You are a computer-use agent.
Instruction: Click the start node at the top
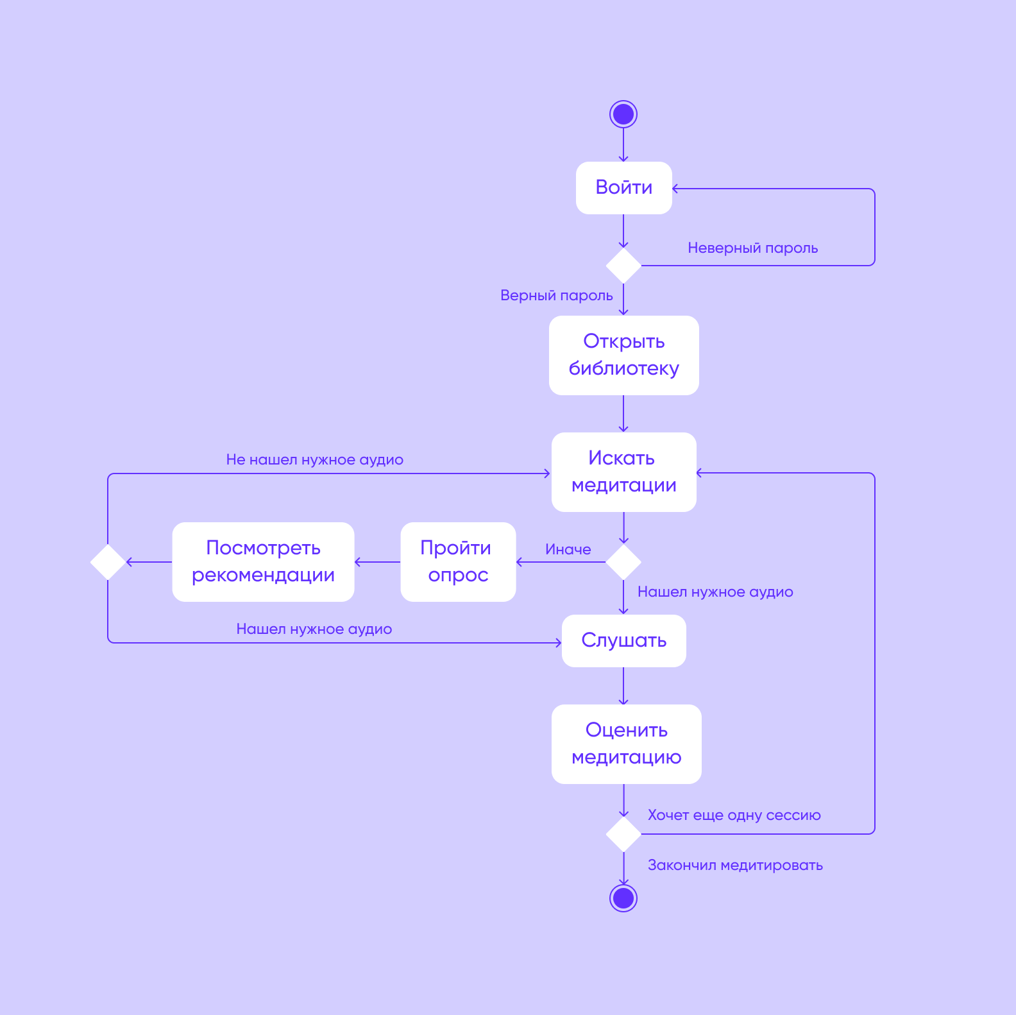coord(623,114)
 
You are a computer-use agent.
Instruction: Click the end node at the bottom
coord(623,898)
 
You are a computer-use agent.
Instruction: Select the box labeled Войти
coord(623,187)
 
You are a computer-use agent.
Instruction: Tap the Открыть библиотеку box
coord(623,355)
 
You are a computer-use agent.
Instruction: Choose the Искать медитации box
coord(623,472)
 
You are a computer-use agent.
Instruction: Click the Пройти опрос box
coord(458,561)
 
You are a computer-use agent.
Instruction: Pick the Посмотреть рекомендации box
coord(263,561)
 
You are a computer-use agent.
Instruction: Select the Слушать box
coord(623,640)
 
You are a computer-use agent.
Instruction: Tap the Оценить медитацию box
coord(626,744)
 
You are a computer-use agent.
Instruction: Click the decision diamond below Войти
coord(623,266)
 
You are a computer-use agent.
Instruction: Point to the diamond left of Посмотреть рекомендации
coord(108,562)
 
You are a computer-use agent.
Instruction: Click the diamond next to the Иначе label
coord(623,562)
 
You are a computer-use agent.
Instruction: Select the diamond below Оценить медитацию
coord(623,834)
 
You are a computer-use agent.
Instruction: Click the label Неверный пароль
coord(752,248)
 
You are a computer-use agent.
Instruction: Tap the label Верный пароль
coord(556,296)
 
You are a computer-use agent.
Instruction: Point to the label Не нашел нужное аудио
coord(314,460)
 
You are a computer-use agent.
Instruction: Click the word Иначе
coord(568,549)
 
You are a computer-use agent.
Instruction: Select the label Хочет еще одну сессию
coord(734,815)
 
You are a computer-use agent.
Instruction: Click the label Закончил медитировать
coord(735,866)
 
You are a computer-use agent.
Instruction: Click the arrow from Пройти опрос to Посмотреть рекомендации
coord(377,562)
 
